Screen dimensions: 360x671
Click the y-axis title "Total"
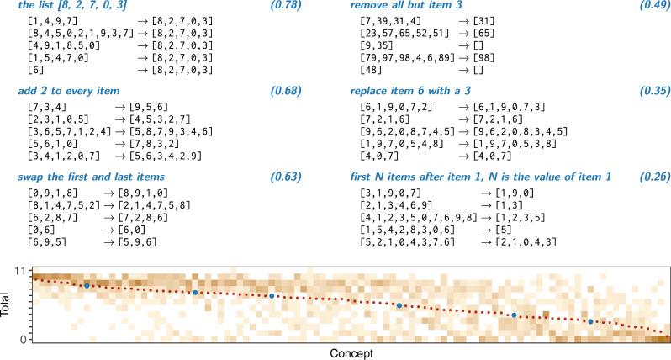pos(8,304)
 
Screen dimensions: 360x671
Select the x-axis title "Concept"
pos(351,353)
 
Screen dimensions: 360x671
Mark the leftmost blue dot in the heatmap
pos(87,286)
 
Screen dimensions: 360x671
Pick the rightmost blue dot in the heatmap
pos(591,321)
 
